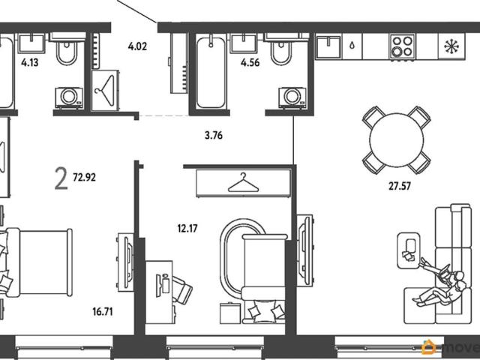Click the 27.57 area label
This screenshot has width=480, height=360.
coord(400,186)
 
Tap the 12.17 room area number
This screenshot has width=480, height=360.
coord(187,228)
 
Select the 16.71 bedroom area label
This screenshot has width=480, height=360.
coord(103,312)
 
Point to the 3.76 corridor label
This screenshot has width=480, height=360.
coord(214,135)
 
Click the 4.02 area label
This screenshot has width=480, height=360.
coord(137,46)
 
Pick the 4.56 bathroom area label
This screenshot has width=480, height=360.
coord(250,63)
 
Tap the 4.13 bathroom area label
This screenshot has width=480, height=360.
coord(30,63)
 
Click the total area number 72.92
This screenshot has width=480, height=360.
coord(84,177)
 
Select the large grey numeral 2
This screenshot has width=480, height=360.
coord(61,179)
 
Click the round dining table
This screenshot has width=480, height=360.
coord(397,140)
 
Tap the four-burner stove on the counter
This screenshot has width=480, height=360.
coord(402,46)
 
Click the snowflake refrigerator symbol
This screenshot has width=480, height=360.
coord(451,46)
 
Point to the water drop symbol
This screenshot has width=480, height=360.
coord(352,46)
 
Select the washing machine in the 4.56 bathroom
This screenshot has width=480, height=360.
coord(292,97)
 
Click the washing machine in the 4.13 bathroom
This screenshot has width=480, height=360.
coord(69,97)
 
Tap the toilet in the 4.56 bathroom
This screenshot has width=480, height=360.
coord(281,50)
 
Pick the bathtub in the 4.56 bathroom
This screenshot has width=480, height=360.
coord(211,70)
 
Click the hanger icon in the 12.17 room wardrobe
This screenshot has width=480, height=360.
coord(243,182)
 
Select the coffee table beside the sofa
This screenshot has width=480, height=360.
coord(409,250)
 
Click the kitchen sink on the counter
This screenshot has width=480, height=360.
coord(328,46)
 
